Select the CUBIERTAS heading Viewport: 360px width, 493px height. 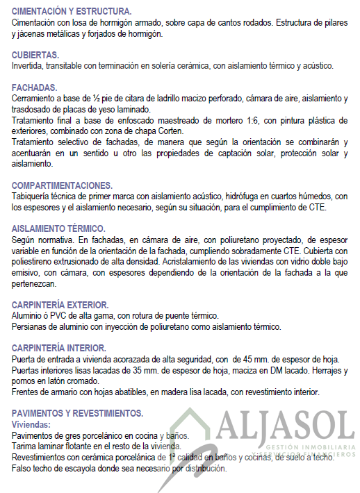[35, 54]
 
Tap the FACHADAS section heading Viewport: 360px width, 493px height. [34, 87]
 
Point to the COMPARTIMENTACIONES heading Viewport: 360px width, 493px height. [62, 186]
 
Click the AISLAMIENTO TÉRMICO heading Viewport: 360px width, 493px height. [58, 228]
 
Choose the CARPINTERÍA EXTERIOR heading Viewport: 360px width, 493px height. [60, 305]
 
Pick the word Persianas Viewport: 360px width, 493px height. [32, 326]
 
